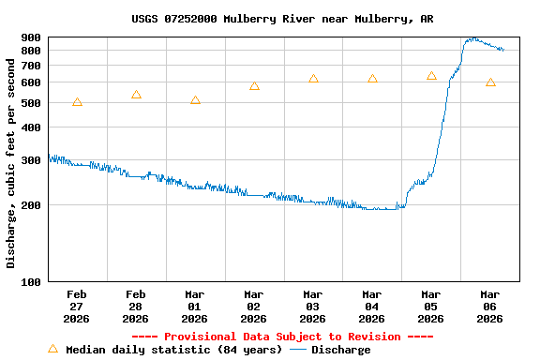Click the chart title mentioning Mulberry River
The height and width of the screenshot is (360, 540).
pyautogui.click(x=282, y=19)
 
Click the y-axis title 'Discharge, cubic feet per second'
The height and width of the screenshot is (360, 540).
pyautogui.click(x=11, y=163)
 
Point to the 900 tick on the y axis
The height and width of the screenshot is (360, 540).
pyautogui.click(x=31, y=37)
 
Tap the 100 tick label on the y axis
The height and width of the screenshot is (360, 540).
pyautogui.click(x=31, y=281)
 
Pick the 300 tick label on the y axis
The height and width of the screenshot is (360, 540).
pyautogui.click(x=31, y=159)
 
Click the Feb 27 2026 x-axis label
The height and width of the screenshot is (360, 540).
pyautogui.click(x=77, y=307)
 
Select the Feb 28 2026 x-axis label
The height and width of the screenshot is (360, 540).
pyautogui.click(x=136, y=307)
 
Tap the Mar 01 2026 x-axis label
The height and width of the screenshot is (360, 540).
pyautogui.click(x=195, y=307)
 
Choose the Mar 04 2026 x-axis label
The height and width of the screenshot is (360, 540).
pyautogui.click(x=372, y=307)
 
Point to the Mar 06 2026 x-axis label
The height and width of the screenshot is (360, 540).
pyautogui.click(x=490, y=307)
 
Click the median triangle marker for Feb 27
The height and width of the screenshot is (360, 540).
pyautogui.click(x=77, y=101)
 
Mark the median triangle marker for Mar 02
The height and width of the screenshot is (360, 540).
pyautogui.click(x=254, y=85)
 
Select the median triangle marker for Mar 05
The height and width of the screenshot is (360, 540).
pyautogui.click(x=431, y=75)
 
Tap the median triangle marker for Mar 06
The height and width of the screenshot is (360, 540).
pyautogui.click(x=490, y=82)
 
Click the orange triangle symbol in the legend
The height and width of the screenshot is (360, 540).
pyautogui.click(x=52, y=349)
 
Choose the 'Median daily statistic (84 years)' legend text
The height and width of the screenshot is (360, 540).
pyautogui.click(x=173, y=350)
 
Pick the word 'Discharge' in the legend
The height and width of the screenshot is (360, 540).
pyautogui.click(x=340, y=350)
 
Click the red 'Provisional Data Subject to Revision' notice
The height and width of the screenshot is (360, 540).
pyautogui.click(x=282, y=337)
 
